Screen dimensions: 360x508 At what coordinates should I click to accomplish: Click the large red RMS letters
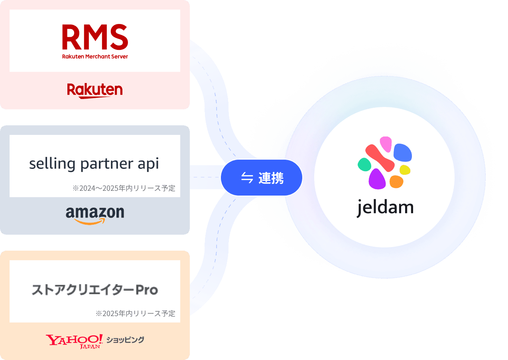coord(95,37)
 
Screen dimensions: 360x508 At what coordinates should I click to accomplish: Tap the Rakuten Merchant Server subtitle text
coord(95,57)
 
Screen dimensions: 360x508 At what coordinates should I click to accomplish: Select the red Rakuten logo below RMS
coord(95,90)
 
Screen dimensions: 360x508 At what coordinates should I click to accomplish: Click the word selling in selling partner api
coord(52,164)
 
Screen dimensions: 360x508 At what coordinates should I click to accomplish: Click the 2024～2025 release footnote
coord(124,188)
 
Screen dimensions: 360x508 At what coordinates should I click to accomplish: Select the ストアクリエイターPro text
coord(95,290)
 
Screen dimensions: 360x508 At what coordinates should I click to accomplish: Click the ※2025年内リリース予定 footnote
coord(136,313)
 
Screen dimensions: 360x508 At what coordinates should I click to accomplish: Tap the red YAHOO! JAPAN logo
coord(75,341)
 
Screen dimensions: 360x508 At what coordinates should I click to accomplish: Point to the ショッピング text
coord(125,340)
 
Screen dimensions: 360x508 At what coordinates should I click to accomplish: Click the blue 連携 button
coord(262,178)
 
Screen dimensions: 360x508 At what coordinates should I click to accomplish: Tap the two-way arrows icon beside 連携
coord(247,178)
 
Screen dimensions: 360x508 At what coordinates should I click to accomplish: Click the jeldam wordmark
coord(385,208)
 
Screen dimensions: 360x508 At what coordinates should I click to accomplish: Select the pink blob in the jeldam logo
coord(386,143)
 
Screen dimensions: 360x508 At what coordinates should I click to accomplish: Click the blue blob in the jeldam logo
coord(402,152)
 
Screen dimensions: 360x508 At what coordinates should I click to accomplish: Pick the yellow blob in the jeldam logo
coord(405,170)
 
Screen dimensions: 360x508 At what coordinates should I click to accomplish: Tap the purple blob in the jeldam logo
coord(377,179)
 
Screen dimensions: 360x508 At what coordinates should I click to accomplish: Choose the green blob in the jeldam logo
coord(364,164)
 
